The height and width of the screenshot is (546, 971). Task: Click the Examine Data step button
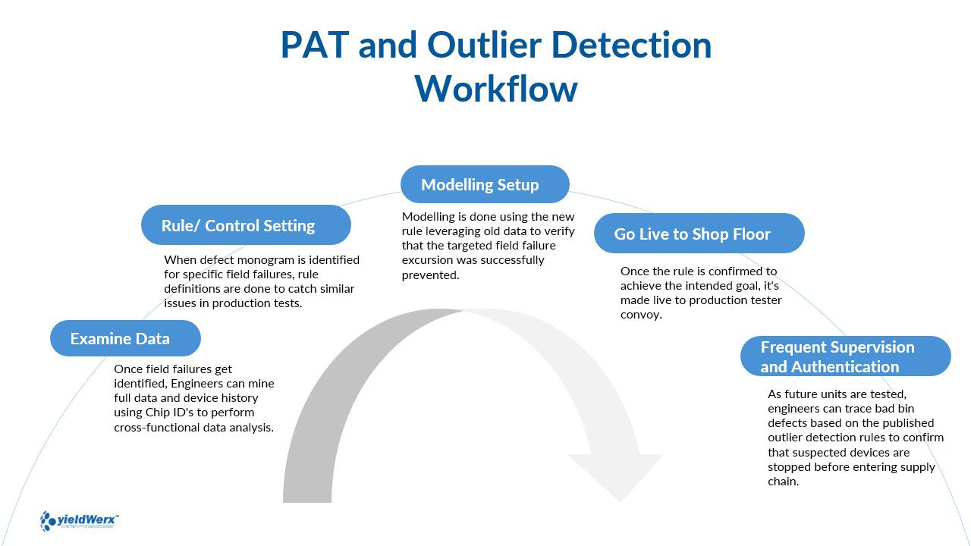125,338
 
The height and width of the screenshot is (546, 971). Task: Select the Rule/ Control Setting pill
246,225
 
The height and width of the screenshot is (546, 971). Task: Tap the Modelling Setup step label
485,184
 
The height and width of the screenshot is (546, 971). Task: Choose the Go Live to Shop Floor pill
698,234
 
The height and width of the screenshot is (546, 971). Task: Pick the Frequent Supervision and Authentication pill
845,356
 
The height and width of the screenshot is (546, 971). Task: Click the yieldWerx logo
80,520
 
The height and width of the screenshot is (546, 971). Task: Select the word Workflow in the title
496,89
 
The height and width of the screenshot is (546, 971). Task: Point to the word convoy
641,315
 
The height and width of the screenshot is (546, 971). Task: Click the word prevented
430,275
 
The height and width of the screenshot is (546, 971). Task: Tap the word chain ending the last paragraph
783,481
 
